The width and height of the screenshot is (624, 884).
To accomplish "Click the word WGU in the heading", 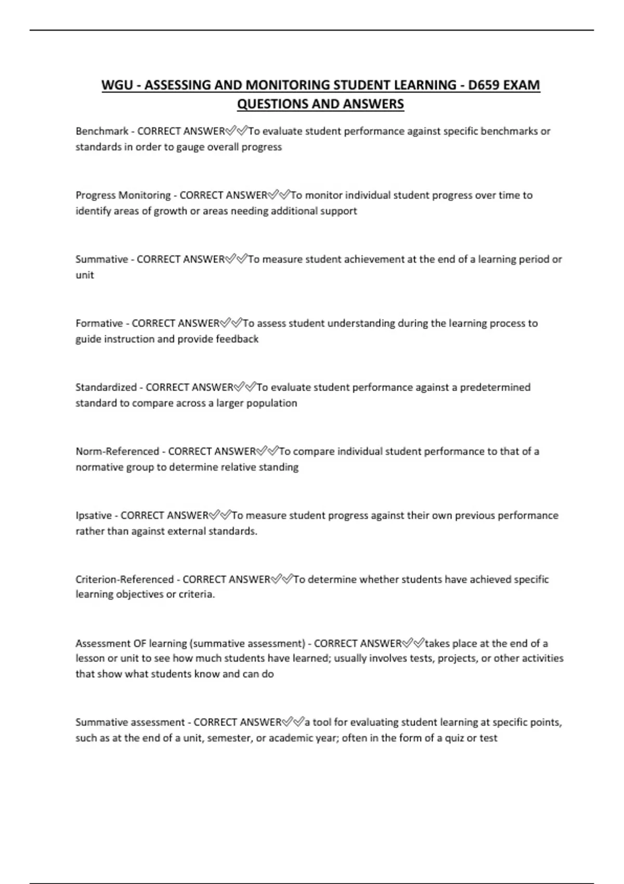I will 117,85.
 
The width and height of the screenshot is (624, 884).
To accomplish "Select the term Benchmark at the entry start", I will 102,131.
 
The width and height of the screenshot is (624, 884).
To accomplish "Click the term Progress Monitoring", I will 123,195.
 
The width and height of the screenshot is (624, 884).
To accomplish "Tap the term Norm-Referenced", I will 118,451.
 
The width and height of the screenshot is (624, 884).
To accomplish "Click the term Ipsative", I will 94,515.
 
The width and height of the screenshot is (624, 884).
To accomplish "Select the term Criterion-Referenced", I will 125,579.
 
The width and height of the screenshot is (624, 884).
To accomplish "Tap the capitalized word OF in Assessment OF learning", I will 140,643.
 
